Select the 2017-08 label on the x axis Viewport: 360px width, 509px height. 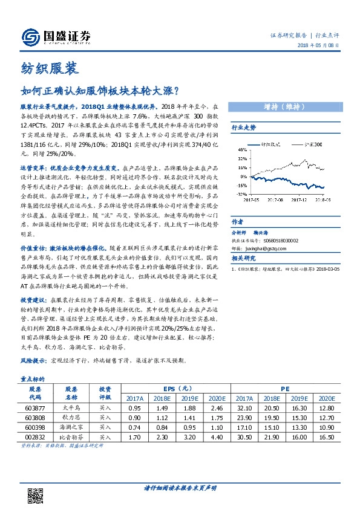click(275, 198)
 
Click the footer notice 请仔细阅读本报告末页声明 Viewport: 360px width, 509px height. click(180, 487)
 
